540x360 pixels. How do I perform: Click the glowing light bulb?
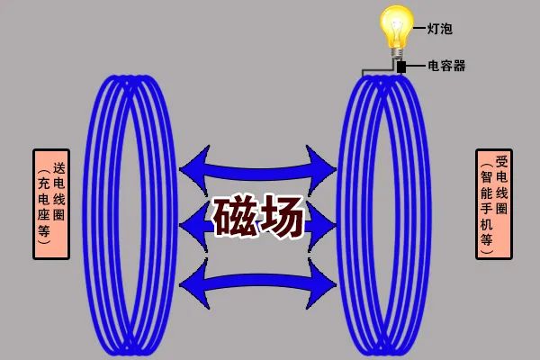[397, 31]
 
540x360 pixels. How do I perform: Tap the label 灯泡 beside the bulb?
[440, 28]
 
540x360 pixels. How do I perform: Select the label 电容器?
[446, 66]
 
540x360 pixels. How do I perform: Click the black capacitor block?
[401, 67]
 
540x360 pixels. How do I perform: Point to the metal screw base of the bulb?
[397, 53]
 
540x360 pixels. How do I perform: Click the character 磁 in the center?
[235, 218]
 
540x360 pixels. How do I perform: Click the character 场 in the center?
[282, 218]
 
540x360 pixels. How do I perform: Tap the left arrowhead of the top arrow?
[194, 169]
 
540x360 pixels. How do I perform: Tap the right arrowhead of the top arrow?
[321, 169]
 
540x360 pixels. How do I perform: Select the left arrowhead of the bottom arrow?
[194, 284]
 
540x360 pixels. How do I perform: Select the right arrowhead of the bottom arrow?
[321, 284]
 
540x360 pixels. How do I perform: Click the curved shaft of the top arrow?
[257, 172]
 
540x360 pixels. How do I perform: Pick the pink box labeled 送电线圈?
[51, 204]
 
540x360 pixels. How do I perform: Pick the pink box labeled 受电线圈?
[494, 204]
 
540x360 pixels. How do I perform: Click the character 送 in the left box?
[58, 168]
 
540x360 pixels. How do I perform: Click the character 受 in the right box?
[502, 161]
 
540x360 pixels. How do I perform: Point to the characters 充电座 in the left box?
[44, 200]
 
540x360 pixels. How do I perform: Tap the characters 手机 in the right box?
[486, 217]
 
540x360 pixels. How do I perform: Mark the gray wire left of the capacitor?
[377, 70]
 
